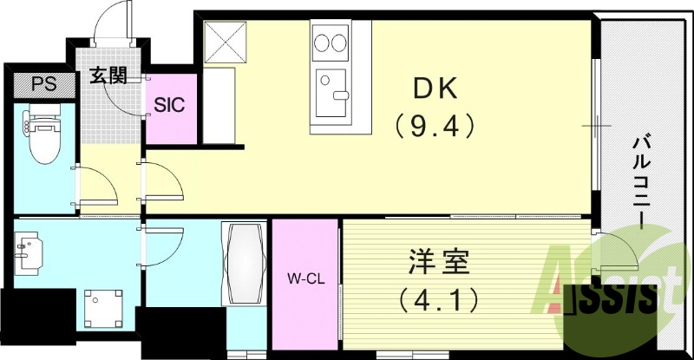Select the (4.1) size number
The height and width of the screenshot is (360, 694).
[x=440, y=301]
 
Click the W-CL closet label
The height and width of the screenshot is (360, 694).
[x=305, y=279]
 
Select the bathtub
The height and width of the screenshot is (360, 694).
[x=246, y=263]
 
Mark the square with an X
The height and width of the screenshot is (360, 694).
[x=224, y=41]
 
